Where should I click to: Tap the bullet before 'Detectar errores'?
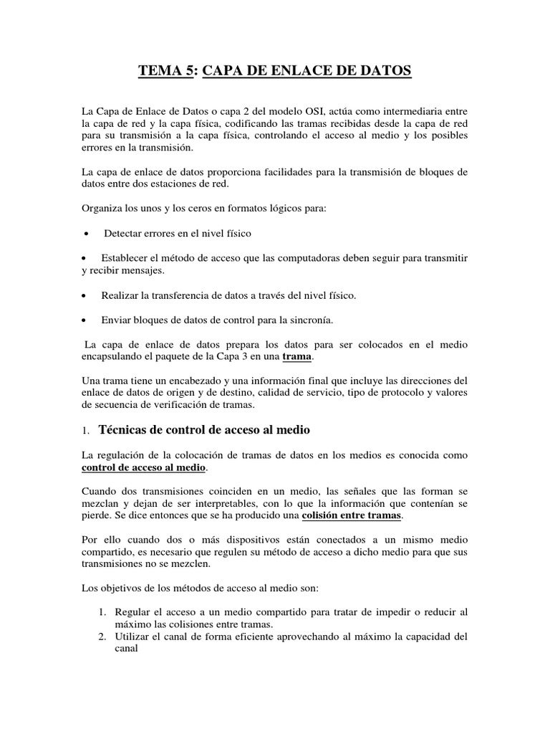coord(86,234)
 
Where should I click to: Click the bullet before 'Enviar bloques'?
coord(86,320)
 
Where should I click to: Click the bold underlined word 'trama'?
coord(297,356)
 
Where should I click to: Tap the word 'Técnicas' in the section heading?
coord(125,430)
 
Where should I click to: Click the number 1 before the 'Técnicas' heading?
coord(85,431)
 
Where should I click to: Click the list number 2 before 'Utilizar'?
coord(102,636)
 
